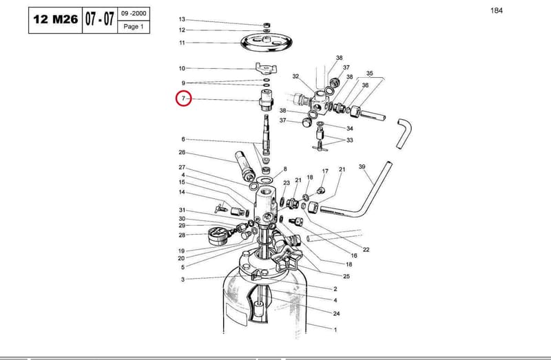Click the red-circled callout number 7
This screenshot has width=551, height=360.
[x=183, y=98]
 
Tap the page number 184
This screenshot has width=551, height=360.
[x=497, y=10]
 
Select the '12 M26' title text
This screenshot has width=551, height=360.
[x=56, y=19]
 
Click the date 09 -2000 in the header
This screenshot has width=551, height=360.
[x=134, y=14]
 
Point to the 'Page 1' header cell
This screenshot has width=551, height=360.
[x=134, y=27]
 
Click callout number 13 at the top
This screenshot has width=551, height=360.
[x=182, y=19]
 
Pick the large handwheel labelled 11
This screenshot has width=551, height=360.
[x=267, y=42]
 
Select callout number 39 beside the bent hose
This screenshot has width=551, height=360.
[x=362, y=167]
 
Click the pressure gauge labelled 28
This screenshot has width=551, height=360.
[x=217, y=235]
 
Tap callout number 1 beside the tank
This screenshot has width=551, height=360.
[x=335, y=330]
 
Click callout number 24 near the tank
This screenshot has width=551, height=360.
[x=336, y=313]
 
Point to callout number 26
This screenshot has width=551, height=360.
[x=182, y=152]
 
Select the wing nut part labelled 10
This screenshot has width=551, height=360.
[x=266, y=67]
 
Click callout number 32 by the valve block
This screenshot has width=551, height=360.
[x=295, y=76]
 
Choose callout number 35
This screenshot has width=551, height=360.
[x=369, y=74]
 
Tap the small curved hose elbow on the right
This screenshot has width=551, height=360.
[x=404, y=134]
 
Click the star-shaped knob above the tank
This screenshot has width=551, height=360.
[x=288, y=259]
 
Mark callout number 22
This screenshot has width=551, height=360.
[x=366, y=250]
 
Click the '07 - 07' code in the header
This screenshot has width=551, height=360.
[x=100, y=19]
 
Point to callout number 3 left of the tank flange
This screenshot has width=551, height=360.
[x=183, y=279]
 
